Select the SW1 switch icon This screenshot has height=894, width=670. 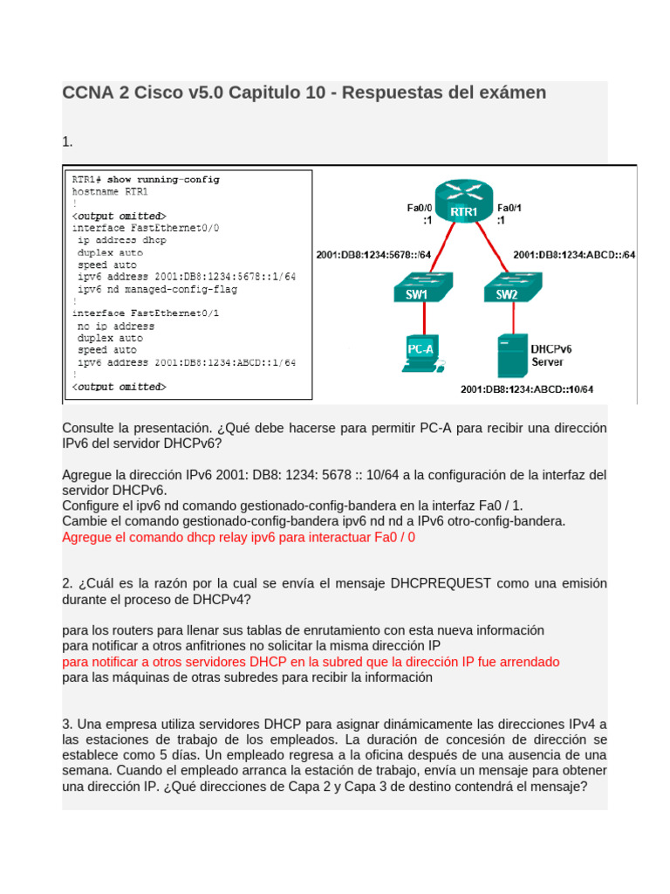tap(416, 289)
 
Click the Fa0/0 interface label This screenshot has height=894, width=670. tap(419, 208)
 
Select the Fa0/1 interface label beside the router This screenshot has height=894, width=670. tap(509, 208)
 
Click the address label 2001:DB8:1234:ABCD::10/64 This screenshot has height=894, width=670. tap(526, 389)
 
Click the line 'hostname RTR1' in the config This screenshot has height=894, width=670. tap(110, 191)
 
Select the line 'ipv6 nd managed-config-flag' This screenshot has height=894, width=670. tap(157, 288)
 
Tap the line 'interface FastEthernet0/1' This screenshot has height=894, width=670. tap(146, 313)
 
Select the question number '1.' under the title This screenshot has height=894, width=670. tap(67, 141)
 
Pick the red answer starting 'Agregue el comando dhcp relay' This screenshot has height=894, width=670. tap(238, 537)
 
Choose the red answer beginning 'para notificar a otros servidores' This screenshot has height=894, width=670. tap(311, 662)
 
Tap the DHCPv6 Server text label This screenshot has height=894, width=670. tap(551, 354)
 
